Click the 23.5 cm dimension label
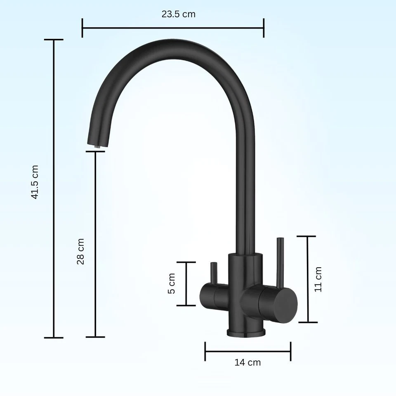[x=178, y=14]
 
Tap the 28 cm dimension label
[x=80, y=251]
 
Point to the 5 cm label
[x=172, y=283]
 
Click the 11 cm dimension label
[x=318, y=279]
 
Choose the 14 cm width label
[x=247, y=363]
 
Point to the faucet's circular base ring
[x=245, y=332]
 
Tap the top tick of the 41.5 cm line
[x=54, y=40]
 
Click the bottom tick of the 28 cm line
[x=95, y=337]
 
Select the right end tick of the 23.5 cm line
[x=264, y=28]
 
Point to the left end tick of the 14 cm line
[x=205, y=351]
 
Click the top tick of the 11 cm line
[x=306, y=236]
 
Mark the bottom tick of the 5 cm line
[x=186, y=306]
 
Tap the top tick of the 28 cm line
[x=95, y=151]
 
